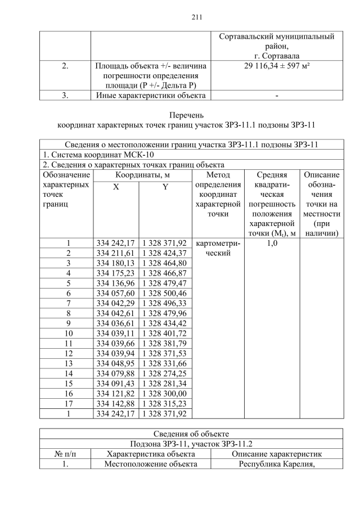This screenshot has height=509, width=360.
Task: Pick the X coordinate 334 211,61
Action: click(115, 253)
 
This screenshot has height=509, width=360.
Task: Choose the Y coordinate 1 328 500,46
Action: click(164, 293)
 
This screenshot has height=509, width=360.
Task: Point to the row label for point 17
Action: click(67, 403)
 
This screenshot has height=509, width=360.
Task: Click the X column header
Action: click(115, 186)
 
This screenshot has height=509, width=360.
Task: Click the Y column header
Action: click(165, 186)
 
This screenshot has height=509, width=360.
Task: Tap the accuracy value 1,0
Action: click(271, 243)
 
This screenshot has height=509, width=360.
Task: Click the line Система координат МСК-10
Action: click(98, 154)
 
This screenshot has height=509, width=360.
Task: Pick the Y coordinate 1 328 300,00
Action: click(164, 393)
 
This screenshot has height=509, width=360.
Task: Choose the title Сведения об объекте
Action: click(191, 434)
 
